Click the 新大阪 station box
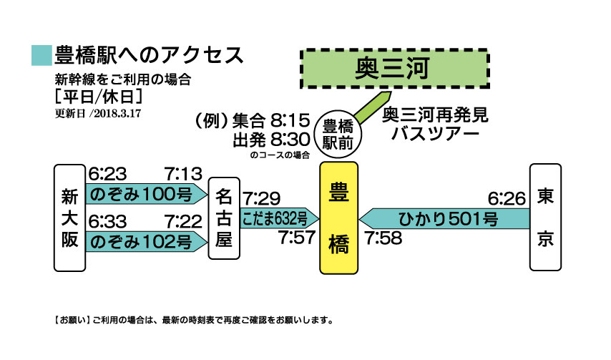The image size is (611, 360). (69, 218)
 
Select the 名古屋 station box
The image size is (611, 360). (224, 218)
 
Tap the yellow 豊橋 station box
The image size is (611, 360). (338, 218)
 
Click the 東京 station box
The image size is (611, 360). (545, 217)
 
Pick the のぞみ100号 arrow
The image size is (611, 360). (147, 194)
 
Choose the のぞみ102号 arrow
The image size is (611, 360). (147, 242)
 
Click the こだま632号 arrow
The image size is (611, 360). (280, 218)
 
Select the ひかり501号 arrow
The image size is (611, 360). (444, 218)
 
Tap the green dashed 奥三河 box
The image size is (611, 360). (395, 69)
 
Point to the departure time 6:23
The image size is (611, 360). (107, 174)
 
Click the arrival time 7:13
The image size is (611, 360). (183, 174)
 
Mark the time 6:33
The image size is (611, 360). (107, 222)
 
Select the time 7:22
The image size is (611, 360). (183, 222)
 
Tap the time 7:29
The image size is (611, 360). (261, 199)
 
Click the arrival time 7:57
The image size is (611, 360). (297, 238)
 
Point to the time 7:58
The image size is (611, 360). (383, 238)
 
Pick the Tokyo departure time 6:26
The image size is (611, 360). (507, 199)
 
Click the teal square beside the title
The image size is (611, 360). (41, 55)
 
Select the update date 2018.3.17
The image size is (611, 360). (117, 114)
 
